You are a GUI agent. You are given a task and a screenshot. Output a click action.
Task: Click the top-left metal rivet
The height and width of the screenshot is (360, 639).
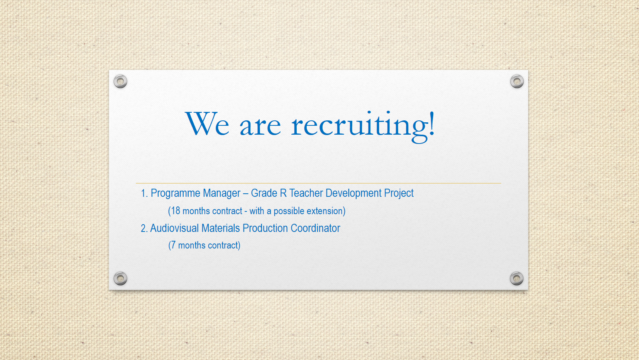click(x=120, y=81)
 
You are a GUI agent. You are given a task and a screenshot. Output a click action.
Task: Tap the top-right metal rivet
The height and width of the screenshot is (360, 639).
click(x=517, y=81)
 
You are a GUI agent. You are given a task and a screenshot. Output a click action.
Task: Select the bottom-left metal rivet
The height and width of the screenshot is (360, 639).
click(x=120, y=279)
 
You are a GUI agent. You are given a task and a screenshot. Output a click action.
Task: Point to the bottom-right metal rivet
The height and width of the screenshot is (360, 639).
click(x=517, y=279)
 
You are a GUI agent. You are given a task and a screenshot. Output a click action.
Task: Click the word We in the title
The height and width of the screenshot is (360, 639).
click(x=207, y=124)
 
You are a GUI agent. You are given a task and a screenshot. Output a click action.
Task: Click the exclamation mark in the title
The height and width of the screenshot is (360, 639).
click(x=432, y=123)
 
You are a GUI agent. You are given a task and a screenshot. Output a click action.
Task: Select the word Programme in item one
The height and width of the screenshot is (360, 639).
click(x=176, y=194)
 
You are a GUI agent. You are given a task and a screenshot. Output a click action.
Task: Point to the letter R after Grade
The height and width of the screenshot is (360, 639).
click(x=283, y=193)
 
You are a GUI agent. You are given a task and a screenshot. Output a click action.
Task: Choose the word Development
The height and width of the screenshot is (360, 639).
click(x=353, y=194)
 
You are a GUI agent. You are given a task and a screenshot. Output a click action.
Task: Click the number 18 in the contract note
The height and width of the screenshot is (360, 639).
click(x=176, y=211)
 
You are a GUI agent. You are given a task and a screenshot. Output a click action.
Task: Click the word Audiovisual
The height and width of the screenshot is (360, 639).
click(x=174, y=228)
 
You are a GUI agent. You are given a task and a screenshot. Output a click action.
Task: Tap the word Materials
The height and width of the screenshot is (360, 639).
click(x=220, y=228)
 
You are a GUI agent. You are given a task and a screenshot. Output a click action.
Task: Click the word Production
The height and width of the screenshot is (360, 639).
click(x=265, y=228)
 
